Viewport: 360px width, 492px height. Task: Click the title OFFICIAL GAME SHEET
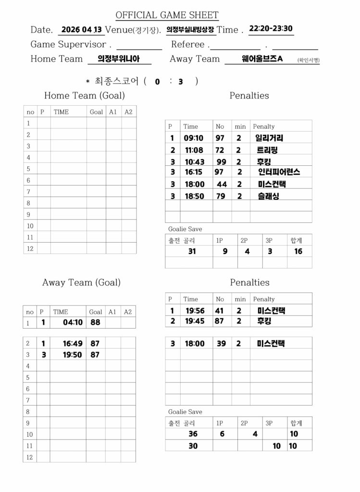(167, 15)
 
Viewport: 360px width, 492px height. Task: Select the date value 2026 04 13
(81, 29)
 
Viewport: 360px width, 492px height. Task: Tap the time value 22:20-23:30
(271, 28)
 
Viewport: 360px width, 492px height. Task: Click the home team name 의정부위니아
(119, 59)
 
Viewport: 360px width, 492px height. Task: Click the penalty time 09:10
(194, 138)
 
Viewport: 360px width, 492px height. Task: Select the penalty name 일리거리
(269, 138)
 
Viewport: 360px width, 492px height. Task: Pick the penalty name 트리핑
(267, 150)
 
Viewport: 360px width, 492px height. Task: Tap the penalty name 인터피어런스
(279, 172)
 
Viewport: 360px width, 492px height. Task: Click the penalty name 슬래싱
(268, 196)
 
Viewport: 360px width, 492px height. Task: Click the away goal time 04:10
(73, 322)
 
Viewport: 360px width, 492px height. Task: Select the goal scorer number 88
(95, 322)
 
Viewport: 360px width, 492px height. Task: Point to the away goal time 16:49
(73, 343)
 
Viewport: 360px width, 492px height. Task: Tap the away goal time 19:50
(73, 355)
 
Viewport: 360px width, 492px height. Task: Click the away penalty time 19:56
(195, 311)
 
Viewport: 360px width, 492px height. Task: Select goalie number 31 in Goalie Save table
(192, 251)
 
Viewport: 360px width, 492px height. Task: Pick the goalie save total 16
(298, 251)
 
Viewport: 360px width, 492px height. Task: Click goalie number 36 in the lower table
(193, 434)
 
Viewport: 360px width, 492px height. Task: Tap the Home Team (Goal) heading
(84, 96)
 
